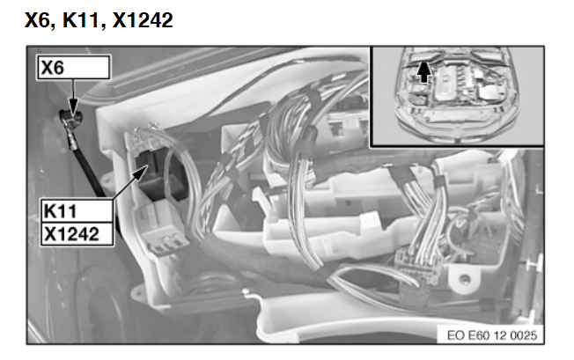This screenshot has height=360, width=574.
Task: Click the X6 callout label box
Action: coord(73,67)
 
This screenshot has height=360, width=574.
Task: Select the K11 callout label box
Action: coord(77,210)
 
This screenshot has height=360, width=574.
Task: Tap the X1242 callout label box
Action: coord(77,233)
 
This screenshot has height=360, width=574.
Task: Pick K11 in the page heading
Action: coord(80,20)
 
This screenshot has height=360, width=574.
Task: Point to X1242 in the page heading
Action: coord(143,20)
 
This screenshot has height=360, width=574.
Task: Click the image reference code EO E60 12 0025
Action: coord(492,335)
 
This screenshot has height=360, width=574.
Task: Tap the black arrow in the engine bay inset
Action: coord(424,72)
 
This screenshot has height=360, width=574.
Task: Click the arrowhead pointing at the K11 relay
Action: coord(141,173)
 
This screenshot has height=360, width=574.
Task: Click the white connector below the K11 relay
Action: coord(161,227)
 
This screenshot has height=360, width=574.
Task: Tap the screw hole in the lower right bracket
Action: coord(465,279)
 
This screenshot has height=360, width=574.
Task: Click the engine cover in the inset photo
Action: coord(445,83)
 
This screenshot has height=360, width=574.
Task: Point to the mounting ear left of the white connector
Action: coord(106,180)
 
